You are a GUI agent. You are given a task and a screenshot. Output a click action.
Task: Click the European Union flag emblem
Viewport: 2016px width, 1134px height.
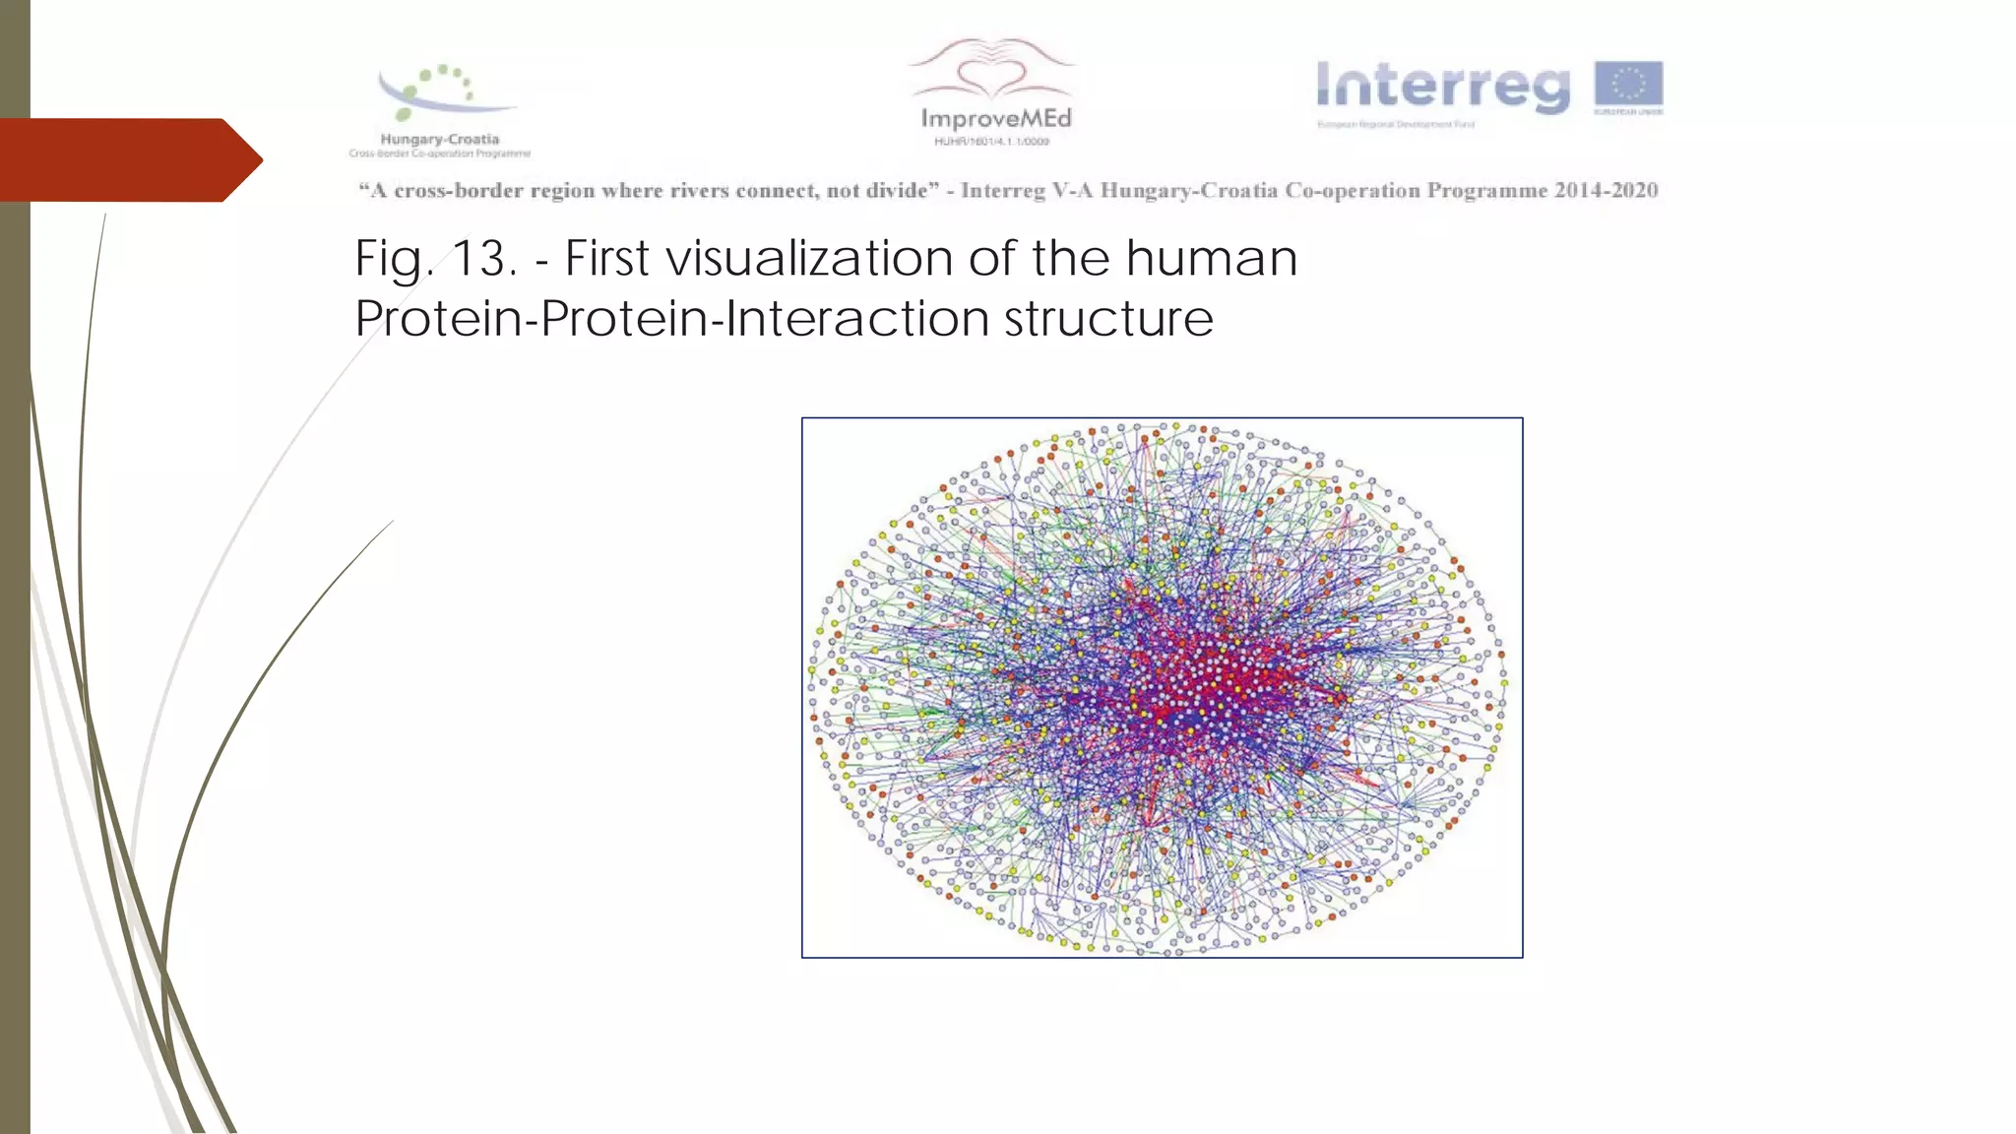[1628, 84]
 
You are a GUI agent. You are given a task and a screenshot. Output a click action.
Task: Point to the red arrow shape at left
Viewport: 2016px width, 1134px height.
[128, 159]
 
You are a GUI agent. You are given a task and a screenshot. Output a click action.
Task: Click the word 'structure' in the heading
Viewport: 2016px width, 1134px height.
[1108, 319]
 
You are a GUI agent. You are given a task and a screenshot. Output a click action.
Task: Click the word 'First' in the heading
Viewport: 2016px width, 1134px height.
[607, 259]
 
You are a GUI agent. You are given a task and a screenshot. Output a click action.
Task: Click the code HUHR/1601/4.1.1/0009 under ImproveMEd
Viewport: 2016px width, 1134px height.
[992, 142]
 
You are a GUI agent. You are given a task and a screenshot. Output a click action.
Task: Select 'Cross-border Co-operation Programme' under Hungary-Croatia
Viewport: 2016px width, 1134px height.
[440, 154]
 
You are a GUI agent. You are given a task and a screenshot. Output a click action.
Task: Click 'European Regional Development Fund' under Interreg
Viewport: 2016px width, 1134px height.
[1396, 125]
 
